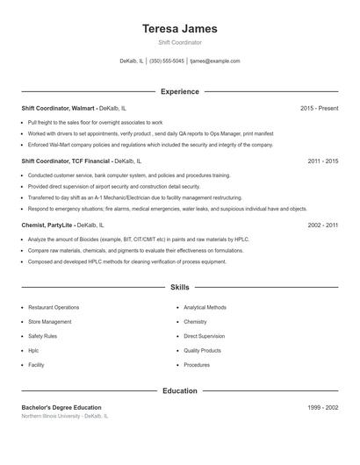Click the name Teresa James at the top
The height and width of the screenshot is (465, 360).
(x=179, y=29)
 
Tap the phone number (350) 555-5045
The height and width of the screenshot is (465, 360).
(x=167, y=61)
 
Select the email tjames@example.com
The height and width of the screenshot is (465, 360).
(x=215, y=61)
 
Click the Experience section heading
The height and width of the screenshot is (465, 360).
(x=179, y=91)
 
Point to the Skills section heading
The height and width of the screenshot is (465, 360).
(x=179, y=287)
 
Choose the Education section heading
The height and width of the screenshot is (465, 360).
(x=179, y=390)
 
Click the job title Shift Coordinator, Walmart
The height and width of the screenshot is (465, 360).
(x=58, y=108)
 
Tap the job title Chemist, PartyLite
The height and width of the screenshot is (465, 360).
(x=47, y=225)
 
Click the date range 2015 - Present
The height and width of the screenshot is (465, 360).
(x=319, y=108)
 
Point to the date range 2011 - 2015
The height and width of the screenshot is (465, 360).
(x=322, y=162)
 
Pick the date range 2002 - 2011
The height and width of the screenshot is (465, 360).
(x=322, y=225)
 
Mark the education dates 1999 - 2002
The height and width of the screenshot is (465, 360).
(x=322, y=408)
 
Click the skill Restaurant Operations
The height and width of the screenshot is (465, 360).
(x=54, y=308)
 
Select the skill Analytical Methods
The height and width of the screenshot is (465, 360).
(x=205, y=308)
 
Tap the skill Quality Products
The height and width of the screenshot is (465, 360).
(x=203, y=350)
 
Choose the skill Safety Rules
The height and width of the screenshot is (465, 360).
(x=43, y=336)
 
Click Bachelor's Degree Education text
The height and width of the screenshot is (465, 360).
(x=61, y=408)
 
